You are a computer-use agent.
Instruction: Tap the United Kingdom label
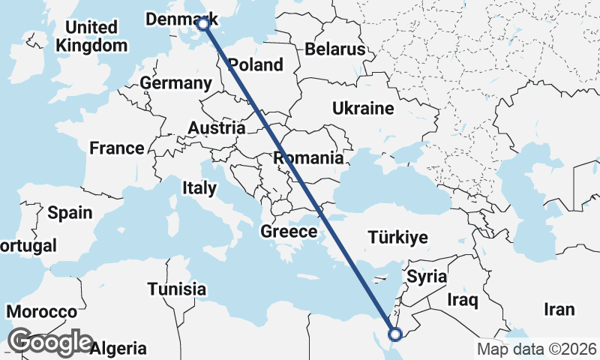pos(91,36)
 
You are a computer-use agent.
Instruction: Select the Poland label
pos(256,64)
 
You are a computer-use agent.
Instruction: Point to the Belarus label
pos(334,49)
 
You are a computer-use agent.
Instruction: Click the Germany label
pos(178,83)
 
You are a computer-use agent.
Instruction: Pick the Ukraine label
pos(364,109)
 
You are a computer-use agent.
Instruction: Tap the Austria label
pos(216,128)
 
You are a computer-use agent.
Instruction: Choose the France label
pos(116,148)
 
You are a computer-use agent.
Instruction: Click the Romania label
pos(308,158)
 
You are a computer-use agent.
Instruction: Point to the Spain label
pos(70,212)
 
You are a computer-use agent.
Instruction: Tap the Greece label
pos(289,232)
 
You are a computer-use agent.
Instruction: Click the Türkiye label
pos(398,238)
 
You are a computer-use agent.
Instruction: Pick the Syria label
pos(427,277)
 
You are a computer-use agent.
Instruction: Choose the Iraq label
pos(462,300)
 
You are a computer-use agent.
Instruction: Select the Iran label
pos(559,309)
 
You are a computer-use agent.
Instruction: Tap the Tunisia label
pos(176,289)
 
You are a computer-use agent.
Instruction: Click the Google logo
pos(51,342)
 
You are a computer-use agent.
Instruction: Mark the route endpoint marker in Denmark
pos(203,24)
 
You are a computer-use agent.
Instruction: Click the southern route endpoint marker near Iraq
pos(395,333)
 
